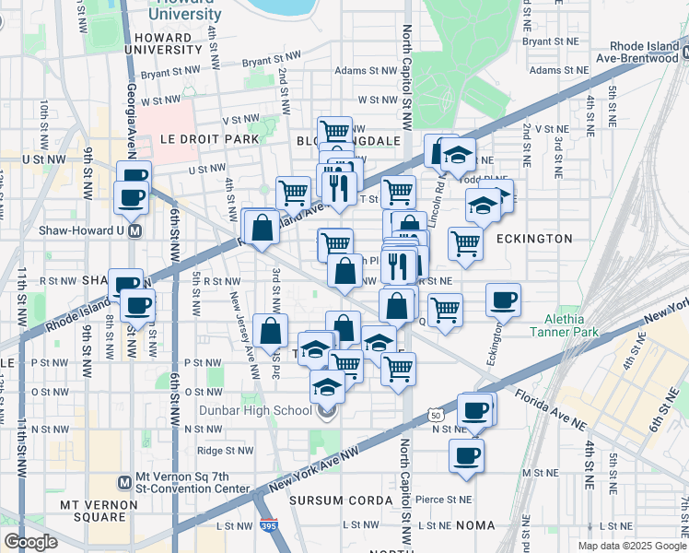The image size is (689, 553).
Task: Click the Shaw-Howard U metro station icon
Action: tap(134, 230)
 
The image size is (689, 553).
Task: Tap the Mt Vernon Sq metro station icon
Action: tap(126, 482)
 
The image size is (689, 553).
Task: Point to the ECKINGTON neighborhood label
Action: tap(534, 238)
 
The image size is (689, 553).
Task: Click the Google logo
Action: tap(29, 542)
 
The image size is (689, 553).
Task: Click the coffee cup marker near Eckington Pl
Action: tap(504, 300)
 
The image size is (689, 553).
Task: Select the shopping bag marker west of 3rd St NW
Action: tap(262, 227)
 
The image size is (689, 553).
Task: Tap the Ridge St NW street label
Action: tap(225, 451)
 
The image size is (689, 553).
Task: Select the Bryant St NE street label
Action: tap(550, 41)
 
